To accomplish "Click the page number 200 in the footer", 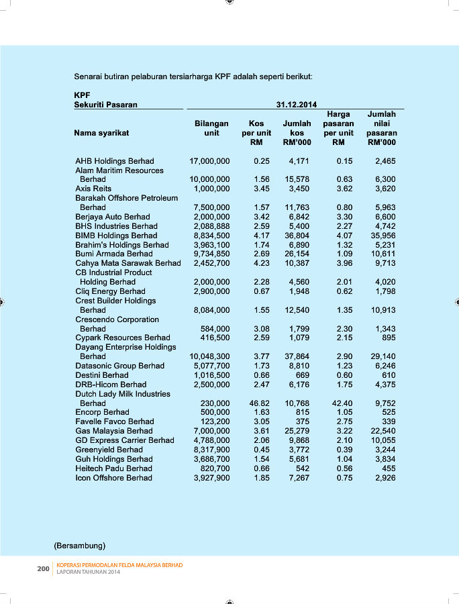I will tap(43, 568).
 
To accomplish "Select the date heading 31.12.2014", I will tap(297, 105).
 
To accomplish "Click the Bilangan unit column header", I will tap(211, 128).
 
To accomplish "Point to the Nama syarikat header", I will tap(101, 133).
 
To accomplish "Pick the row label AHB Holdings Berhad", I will tap(115, 161).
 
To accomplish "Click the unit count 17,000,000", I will tap(209, 161).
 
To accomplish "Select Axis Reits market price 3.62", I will tap(344, 189).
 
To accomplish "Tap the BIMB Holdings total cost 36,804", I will tap(297, 236).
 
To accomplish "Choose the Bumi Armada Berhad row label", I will tap(113, 254).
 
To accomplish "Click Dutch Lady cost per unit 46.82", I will tap(259, 403).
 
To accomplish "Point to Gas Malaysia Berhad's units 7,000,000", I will tap(211, 431).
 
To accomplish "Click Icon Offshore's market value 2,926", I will tap(385, 478).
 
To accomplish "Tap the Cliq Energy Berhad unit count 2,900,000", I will tap(211, 291).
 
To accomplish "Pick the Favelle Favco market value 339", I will tap(388, 421).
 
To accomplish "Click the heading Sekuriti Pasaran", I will tap(105, 105).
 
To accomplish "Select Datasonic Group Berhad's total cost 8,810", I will tap(299, 366).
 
